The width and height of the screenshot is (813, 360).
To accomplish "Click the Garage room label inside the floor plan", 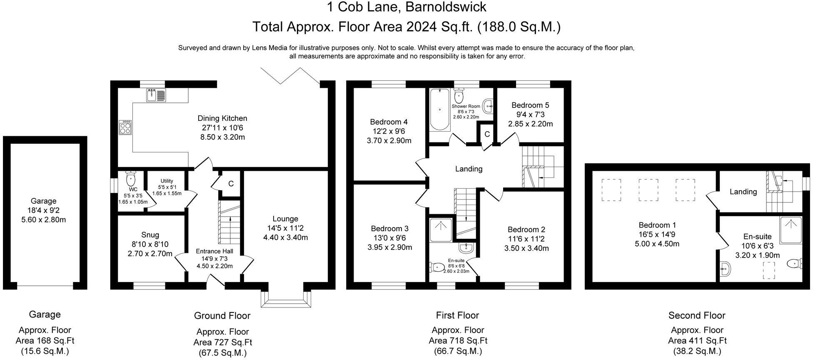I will pyautogui.click(x=43, y=201).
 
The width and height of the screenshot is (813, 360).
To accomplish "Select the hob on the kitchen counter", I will pyautogui.click(x=125, y=127).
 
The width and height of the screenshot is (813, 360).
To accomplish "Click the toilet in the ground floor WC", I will pyautogui.click(x=131, y=179).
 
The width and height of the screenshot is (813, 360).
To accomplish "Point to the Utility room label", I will pyautogui.click(x=167, y=181).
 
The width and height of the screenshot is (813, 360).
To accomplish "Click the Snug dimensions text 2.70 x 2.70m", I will pyautogui.click(x=150, y=254).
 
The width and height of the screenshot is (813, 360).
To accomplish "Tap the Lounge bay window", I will pyautogui.click(x=286, y=299).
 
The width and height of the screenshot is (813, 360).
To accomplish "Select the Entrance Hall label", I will pyautogui.click(x=214, y=251).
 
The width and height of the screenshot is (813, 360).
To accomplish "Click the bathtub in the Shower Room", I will pyautogui.click(x=440, y=109).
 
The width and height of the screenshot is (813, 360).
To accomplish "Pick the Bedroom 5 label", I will pyautogui.click(x=527, y=105).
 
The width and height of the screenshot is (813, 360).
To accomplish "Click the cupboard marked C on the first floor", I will pyautogui.click(x=486, y=134).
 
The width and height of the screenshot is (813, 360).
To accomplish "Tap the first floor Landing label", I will pyautogui.click(x=469, y=169).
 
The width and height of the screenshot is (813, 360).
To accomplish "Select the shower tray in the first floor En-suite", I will pyautogui.click(x=440, y=230).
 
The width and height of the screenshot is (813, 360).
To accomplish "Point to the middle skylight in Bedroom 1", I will pyautogui.click(x=648, y=190).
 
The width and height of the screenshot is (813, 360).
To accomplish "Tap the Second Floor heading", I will pyautogui.click(x=696, y=316).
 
